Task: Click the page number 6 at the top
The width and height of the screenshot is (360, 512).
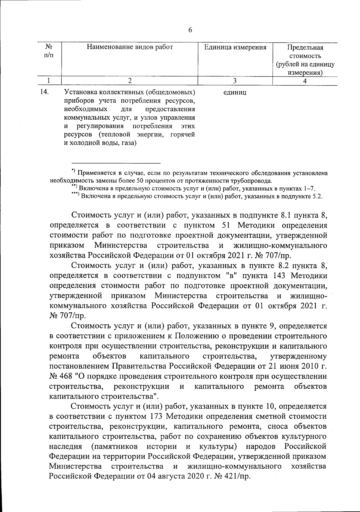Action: (x=190, y=30)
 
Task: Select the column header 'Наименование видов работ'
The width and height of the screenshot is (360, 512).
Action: (x=130, y=47)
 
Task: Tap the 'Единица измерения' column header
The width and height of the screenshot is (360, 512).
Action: (x=235, y=47)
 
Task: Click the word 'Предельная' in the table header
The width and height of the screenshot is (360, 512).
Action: (x=305, y=48)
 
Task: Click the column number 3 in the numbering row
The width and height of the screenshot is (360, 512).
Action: (x=235, y=81)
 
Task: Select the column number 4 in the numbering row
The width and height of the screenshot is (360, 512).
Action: (x=305, y=81)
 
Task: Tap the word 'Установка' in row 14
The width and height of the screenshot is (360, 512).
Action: (x=77, y=92)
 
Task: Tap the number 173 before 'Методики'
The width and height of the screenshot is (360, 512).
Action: (x=154, y=416)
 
